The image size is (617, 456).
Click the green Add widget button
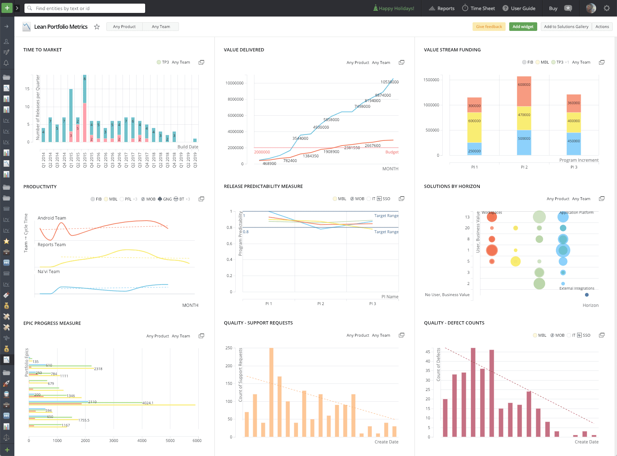pos(523,27)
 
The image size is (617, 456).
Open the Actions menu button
pos(602,27)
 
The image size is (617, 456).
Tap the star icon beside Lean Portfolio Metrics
pos(97,27)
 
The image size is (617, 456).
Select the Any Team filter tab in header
pos(161,27)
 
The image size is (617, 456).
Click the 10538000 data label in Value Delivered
pos(390,82)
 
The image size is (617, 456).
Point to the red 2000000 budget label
pos(262,152)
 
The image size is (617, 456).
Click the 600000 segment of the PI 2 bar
pos(524,85)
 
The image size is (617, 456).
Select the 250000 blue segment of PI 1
pos(474,151)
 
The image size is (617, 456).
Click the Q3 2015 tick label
pos(85,160)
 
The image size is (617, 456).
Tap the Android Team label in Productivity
pos(52,218)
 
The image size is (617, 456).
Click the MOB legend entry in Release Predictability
pos(358,199)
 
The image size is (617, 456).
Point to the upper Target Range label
pos(386,216)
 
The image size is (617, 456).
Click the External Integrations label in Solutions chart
pos(577,288)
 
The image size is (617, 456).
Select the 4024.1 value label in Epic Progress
pos(148,403)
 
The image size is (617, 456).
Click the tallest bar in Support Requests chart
pos(271,392)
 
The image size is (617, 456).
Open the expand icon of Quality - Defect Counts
pos(602,335)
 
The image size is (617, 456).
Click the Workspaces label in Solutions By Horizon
pos(492,212)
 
